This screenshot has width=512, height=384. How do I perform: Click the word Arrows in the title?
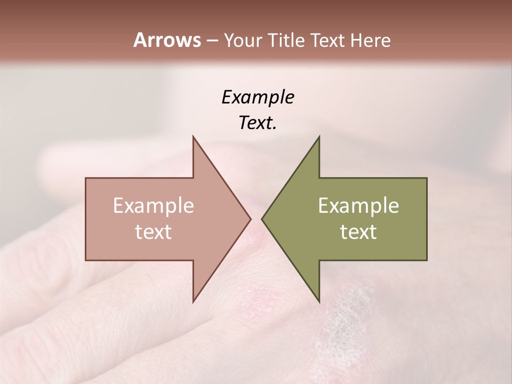click(x=166, y=40)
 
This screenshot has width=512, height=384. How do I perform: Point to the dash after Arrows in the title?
click(x=212, y=41)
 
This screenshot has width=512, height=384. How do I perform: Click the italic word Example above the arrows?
click(x=258, y=98)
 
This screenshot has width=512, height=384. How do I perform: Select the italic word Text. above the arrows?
click(x=258, y=123)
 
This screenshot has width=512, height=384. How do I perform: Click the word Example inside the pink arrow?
click(x=154, y=206)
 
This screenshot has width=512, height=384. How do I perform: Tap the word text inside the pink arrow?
click(x=154, y=232)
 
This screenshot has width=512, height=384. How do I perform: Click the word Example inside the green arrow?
click(x=358, y=206)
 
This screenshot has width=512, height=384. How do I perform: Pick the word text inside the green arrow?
click(x=358, y=232)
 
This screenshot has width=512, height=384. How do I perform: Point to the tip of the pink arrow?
click(x=250, y=219)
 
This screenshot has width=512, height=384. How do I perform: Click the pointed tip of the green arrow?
click(x=262, y=219)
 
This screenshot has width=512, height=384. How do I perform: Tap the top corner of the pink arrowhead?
click(x=193, y=137)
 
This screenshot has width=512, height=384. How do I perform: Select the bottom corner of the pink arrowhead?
click(x=193, y=302)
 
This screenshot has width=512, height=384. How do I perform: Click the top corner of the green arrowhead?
click(x=319, y=137)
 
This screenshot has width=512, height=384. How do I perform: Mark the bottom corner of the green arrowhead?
click(x=319, y=302)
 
